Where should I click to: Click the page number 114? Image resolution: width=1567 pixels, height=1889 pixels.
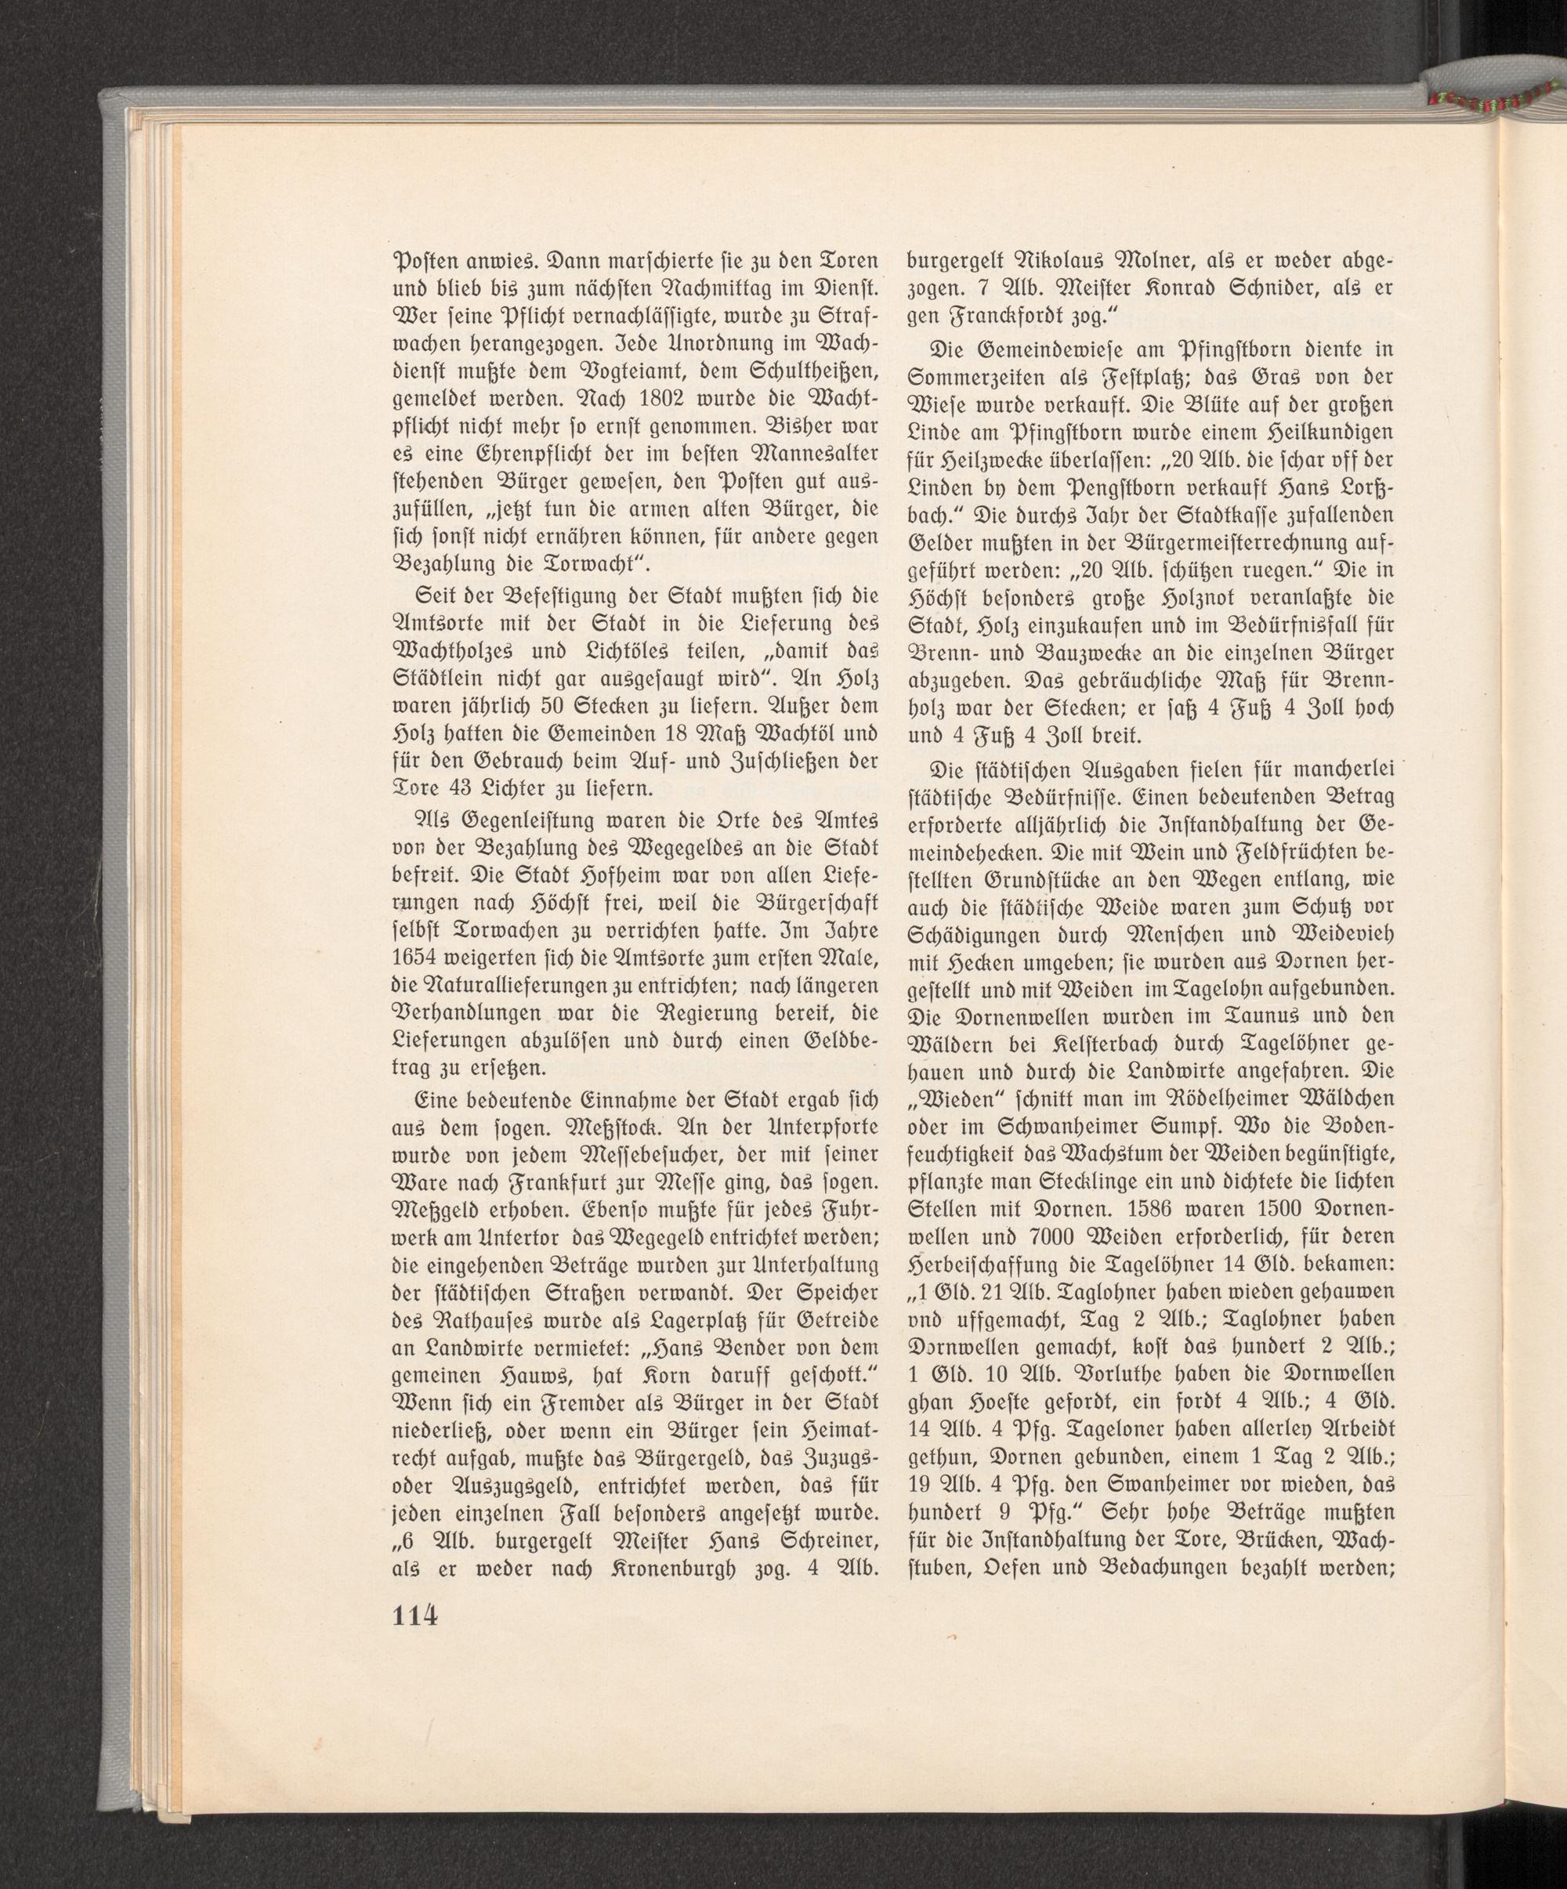414,1614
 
